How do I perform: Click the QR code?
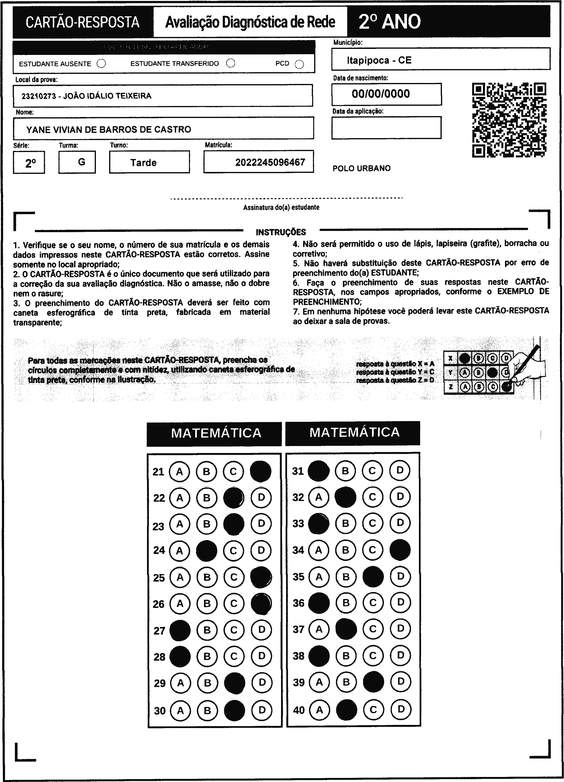point(509,120)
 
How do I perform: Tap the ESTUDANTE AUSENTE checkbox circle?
point(101,64)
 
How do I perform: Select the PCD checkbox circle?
point(300,65)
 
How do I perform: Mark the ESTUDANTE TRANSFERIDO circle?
point(231,64)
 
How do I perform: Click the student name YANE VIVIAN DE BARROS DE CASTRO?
point(109,130)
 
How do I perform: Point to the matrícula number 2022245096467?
point(270,162)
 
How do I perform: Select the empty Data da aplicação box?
point(386,128)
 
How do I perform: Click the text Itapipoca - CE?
point(379,60)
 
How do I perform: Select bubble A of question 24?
point(179,551)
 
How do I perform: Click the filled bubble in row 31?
point(318,471)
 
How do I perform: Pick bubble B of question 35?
point(346,577)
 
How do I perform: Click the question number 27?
point(159,631)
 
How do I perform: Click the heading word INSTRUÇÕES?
point(281,232)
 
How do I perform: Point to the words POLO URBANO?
point(361,168)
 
